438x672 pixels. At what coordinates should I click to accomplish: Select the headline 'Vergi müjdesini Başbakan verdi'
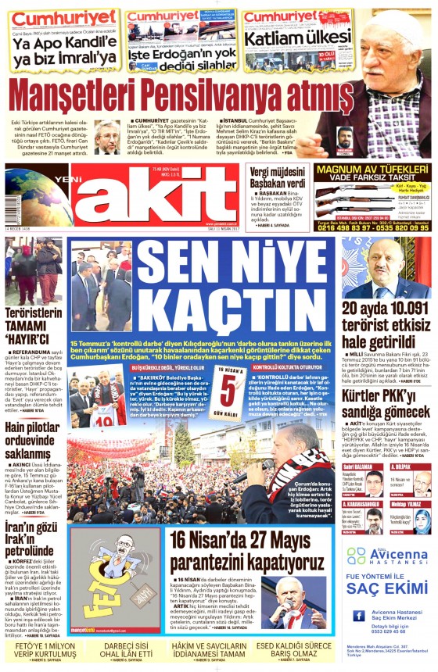pos(278,176)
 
